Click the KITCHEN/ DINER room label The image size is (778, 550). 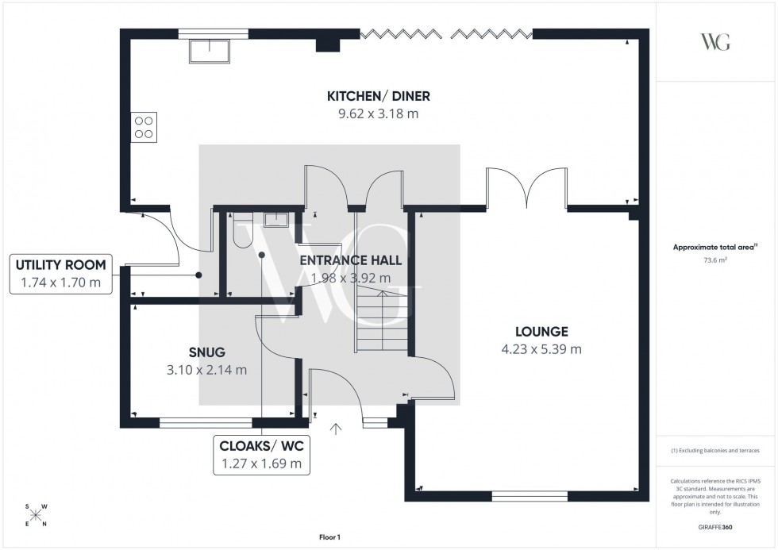pos(379,96)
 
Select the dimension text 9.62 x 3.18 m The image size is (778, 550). pos(379,113)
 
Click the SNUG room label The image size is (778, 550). pos(206,352)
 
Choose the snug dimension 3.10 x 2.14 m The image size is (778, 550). pos(206,370)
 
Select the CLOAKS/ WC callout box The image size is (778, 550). pos(261,454)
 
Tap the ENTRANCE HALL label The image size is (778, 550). pos(350,260)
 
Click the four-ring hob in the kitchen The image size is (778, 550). pos(144,128)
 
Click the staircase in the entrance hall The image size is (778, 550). pos(382,321)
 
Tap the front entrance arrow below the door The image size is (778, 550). pos(337,429)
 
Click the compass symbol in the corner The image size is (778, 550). pos(36,515)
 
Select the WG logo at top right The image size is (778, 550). pos(715,42)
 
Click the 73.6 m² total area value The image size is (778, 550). pos(715,260)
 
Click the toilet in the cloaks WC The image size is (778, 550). pos(241,221)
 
